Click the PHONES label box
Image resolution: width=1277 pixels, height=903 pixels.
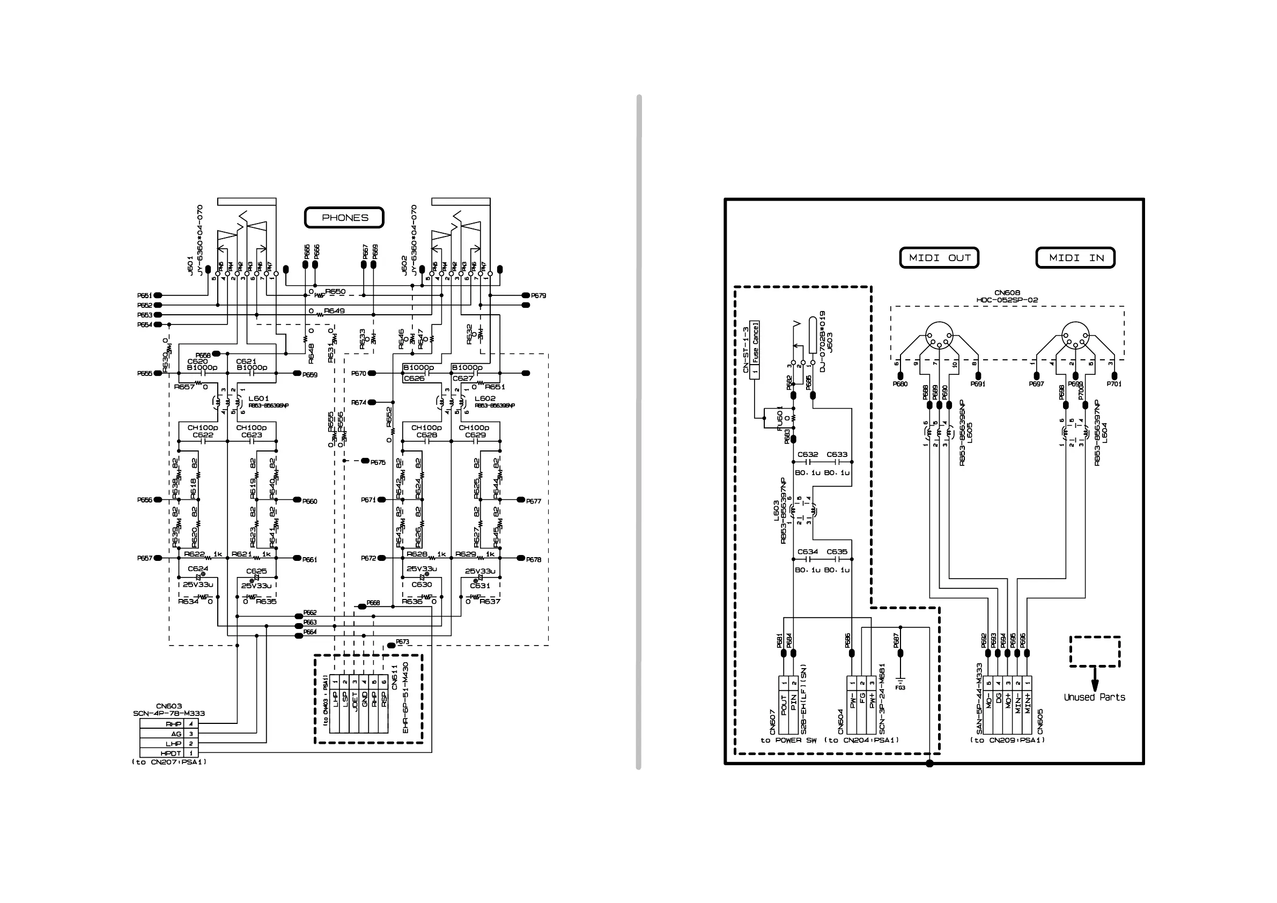[x=344, y=217]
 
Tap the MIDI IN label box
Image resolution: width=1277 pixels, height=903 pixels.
[x=1075, y=257]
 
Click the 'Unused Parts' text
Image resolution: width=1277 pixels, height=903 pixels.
[x=1094, y=697]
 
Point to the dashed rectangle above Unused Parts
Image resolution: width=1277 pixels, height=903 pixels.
[x=1095, y=652]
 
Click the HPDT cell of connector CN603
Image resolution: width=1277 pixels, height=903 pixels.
[x=171, y=753]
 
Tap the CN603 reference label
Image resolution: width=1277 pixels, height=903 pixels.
[x=169, y=706]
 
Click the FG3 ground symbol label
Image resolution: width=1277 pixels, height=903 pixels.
[x=900, y=688]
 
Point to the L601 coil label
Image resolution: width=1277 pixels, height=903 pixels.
[x=259, y=398]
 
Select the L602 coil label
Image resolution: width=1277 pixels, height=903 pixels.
[x=484, y=398]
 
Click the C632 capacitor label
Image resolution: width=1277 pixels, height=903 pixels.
[x=808, y=454]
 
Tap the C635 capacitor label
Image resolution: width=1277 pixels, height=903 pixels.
[x=837, y=552]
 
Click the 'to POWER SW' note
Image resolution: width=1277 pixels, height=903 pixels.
[x=788, y=740]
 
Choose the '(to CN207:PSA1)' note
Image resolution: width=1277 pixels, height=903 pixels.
[x=169, y=762]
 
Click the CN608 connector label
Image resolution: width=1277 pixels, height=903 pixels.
[x=1007, y=292]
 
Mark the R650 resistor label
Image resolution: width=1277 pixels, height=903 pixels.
[x=335, y=291]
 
